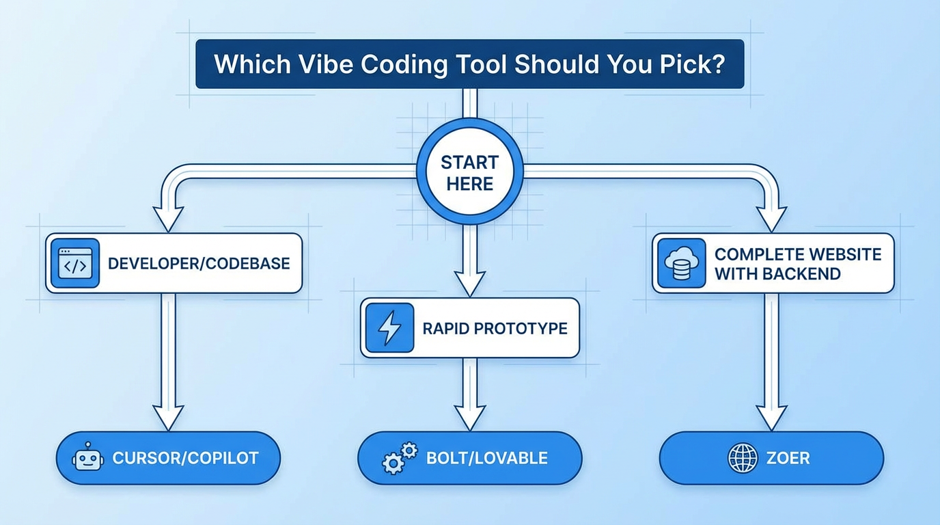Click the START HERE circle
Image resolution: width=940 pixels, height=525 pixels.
click(x=469, y=172)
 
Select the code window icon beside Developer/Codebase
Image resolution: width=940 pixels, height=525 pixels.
click(x=75, y=263)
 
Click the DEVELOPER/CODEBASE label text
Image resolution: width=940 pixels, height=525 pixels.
click(x=199, y=264)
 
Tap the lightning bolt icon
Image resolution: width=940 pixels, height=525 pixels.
click(x=389, y=328)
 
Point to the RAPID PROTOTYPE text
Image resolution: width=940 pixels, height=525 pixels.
click(x=495, y=328)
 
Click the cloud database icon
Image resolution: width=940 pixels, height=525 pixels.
click(x=681, y=263)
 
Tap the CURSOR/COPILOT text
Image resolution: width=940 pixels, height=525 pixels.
click(x=185, y=458)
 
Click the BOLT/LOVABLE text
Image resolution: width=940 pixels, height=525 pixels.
click(x=487, y=458)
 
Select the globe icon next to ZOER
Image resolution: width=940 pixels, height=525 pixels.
click(x=743, y=458)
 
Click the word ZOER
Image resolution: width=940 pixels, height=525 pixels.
click(x=788, y=458)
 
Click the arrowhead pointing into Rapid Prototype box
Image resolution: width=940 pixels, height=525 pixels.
click(x=469, y=282)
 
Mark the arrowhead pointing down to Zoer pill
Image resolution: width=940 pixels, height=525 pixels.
click(x=772, y=416)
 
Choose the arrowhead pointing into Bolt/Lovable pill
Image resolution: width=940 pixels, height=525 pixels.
click(x=469, y=416)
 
